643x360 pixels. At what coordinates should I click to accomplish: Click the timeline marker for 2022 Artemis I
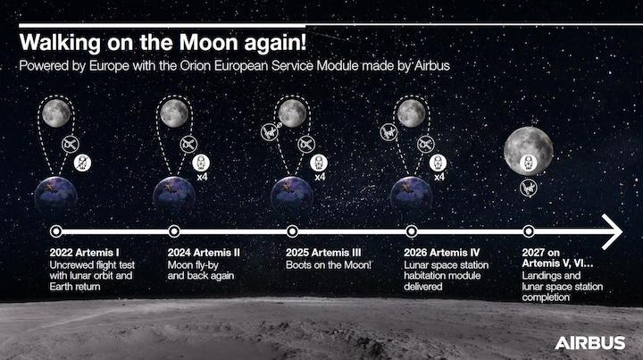pyautogui.click(x=56, y=230)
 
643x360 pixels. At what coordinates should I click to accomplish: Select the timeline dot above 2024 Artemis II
pyautogui.click(x=174, y=230)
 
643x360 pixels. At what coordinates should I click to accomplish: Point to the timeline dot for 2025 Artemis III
pyautogui.click(x=292, y=230)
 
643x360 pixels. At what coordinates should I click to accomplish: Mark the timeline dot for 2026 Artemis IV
pyautogui.click(x=411, y=230)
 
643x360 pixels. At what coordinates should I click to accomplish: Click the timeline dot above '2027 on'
pyautogui.click(x=529, y=230)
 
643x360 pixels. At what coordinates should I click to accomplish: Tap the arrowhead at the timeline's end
pyautogui.click(x=614, y=230)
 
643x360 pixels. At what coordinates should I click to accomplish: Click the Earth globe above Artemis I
pyautogui.click(x=56, y=194)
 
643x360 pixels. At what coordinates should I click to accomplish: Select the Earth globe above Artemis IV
pyautogui.click(x=411, y=194)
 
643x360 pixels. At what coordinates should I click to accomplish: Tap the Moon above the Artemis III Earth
pyautogui.click(x=292, y=113)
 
